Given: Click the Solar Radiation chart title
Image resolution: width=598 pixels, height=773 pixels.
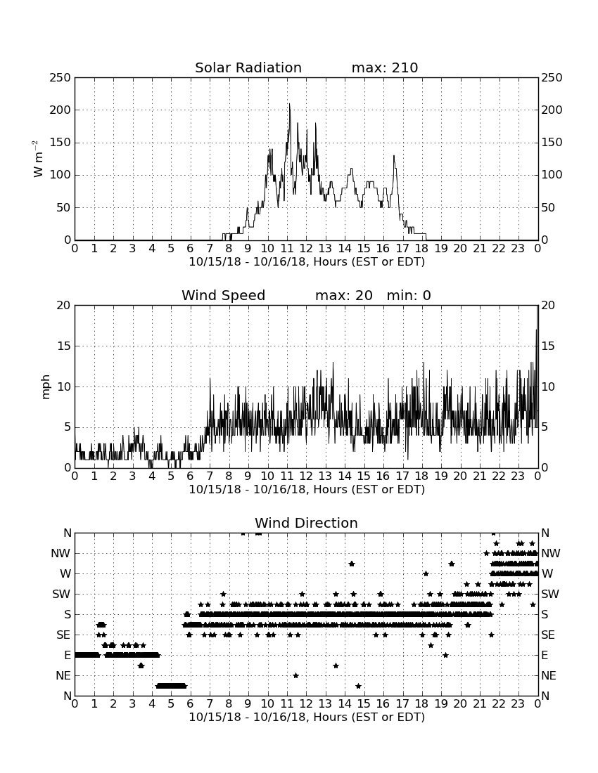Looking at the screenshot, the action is [248, 67].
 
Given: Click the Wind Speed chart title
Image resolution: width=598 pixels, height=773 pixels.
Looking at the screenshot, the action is [224, 295].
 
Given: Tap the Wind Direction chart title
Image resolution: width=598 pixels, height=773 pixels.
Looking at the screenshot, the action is [306, 523].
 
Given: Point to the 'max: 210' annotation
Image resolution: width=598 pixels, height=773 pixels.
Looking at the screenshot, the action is [385, 67].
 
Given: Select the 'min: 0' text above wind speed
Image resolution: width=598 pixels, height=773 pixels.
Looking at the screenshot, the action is [409, 295].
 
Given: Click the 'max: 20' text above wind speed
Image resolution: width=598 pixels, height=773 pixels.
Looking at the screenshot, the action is [344, 295].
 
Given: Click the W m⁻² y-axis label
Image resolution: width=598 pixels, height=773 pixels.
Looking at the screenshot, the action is [37, 159].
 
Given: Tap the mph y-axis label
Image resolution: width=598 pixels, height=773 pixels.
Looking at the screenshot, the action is [46, 387].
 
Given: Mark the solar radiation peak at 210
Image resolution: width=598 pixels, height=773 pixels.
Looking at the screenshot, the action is [289, 104].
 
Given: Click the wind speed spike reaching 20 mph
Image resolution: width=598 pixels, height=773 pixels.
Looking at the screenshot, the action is [537, 306].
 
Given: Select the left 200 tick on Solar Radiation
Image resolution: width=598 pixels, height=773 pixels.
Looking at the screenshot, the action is [61, 110].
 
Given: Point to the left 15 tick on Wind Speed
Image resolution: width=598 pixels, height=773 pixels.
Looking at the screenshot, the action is [64, 346].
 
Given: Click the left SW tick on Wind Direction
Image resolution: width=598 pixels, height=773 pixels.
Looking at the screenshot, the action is [61, 594].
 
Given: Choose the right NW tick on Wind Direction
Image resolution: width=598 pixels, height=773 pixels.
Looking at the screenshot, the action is [551, 554].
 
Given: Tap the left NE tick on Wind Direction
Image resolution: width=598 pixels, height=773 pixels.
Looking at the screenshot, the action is [63, 675].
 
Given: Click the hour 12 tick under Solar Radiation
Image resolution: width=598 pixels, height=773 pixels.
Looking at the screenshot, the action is [306, 249].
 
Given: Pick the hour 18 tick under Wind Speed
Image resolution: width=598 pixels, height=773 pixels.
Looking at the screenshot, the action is [422, 476].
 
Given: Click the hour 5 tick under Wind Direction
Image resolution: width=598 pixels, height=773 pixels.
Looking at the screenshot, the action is [171, 703].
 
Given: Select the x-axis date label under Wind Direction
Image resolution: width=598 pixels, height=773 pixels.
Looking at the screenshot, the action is [307, 717].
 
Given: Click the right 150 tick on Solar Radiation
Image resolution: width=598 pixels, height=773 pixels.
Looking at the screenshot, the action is [552, 143].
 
